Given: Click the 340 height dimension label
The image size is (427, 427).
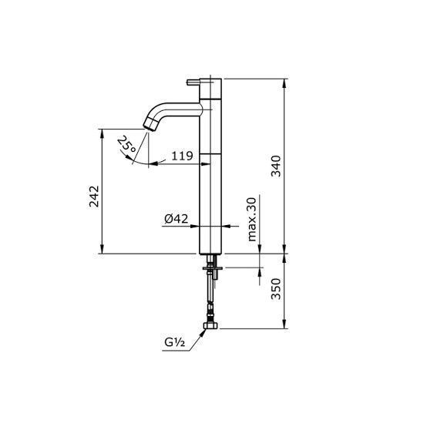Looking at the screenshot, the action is click(276, 166).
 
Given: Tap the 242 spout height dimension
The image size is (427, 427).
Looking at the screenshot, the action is click(94, 197).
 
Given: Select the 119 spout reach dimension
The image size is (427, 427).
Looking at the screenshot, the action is click(182, 156).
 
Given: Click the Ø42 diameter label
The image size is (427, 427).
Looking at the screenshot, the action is click(177, 219).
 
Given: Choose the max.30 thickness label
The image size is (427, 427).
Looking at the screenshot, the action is click(252, 220).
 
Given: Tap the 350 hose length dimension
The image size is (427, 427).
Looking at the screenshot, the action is click(276, 289).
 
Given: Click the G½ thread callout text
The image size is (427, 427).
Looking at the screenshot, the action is click(174, 342).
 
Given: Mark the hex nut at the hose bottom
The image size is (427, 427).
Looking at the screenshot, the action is click(210, 325).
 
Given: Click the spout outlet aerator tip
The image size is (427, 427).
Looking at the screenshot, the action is click(150, 125).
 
